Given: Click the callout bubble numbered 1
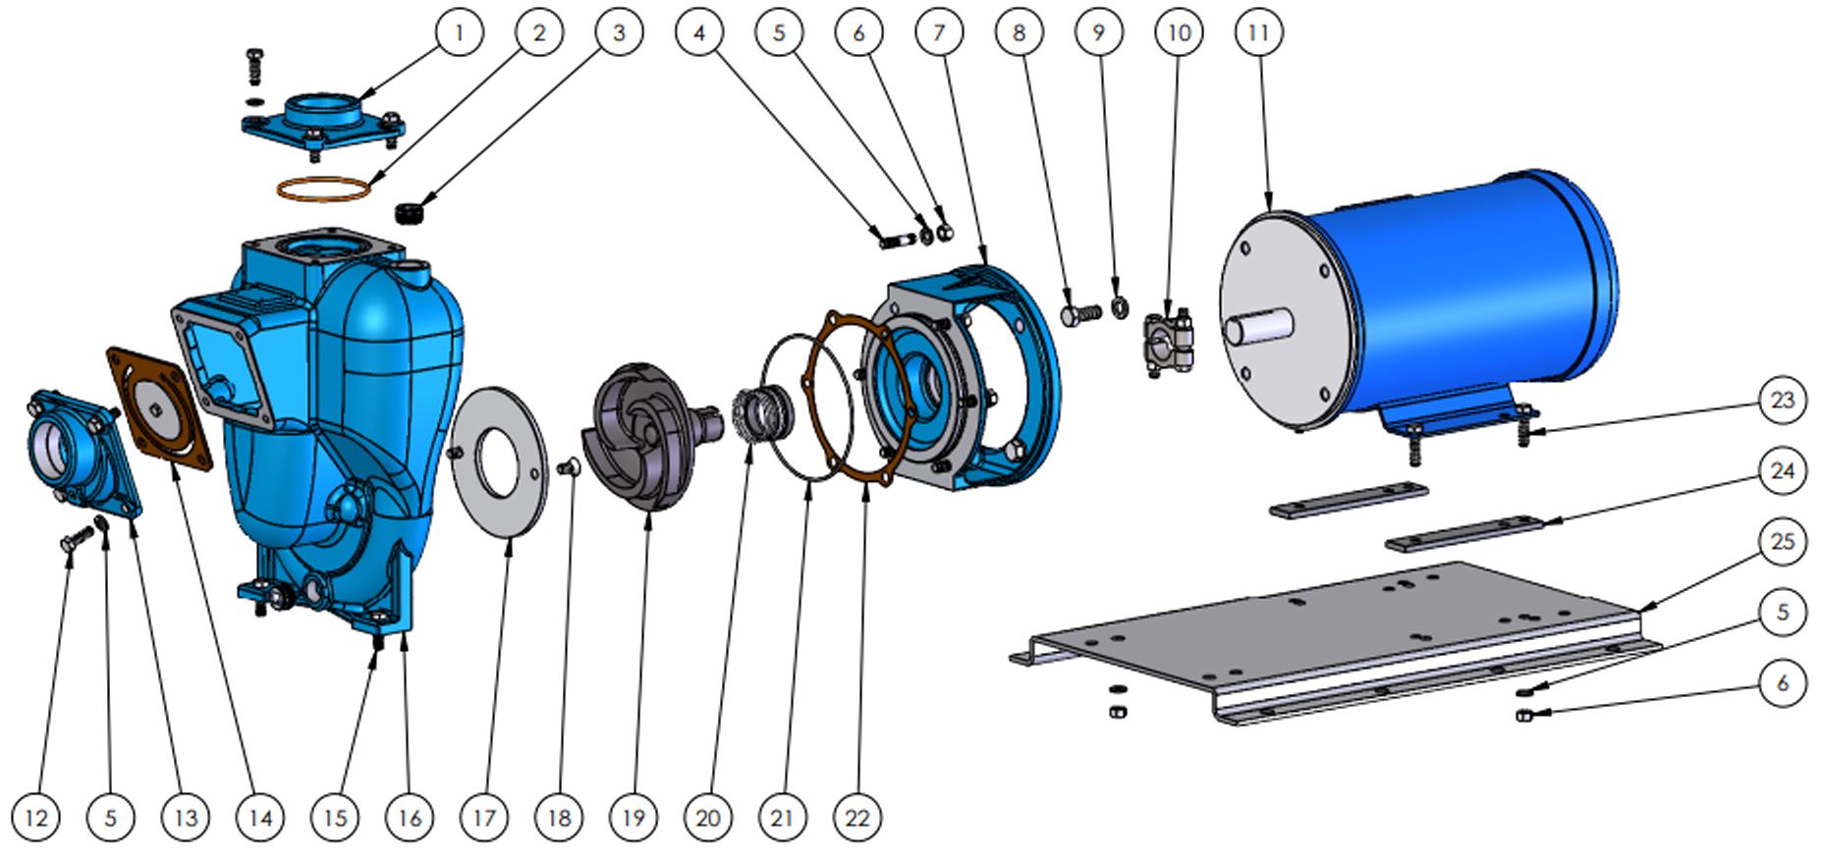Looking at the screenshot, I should [x=459, y=32].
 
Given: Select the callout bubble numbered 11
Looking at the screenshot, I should [x=1258, y=32].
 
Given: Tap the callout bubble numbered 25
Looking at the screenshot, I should [x=1782, y=542].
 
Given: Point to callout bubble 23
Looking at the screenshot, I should [x=1782, y=401].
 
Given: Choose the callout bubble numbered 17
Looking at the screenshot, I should [x=484, y=817].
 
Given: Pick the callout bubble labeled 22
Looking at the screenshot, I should [x=856, y=817].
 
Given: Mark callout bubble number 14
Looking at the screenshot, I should [x=260, y=817].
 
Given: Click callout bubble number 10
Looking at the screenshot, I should [x=1179, y=32].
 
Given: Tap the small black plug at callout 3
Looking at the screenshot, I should [x=410, y=211].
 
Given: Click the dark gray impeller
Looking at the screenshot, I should [x=643, y=432].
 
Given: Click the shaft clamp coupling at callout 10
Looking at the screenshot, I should [x=1168, y=343].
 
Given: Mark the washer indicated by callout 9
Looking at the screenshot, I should [x=1119, y=308].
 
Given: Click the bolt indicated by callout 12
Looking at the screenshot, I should [x=77, y=539].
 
